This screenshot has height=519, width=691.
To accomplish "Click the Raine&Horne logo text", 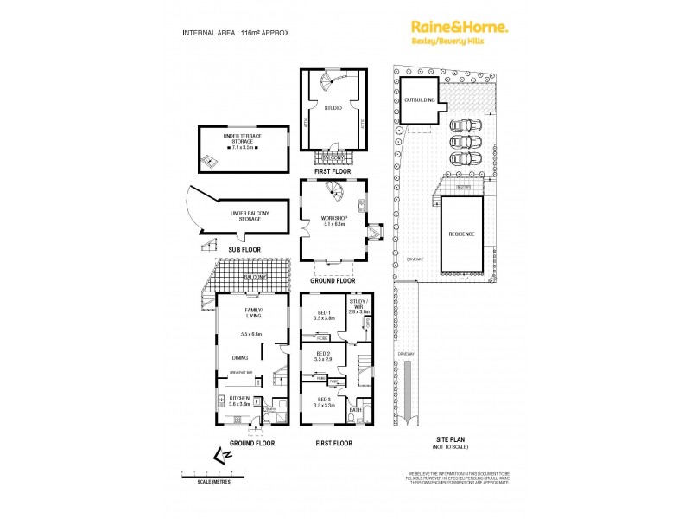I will pos(458,28).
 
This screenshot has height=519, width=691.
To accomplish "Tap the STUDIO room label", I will pos(333,108).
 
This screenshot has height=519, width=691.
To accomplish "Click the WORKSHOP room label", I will pos(334,220).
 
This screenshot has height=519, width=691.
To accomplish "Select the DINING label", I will pos(240,357).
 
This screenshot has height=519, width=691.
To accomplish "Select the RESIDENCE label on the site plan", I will pos(461,234).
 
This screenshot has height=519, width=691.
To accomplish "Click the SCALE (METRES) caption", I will pos(215,482).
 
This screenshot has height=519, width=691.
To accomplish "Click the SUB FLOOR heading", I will pos(244,249).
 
